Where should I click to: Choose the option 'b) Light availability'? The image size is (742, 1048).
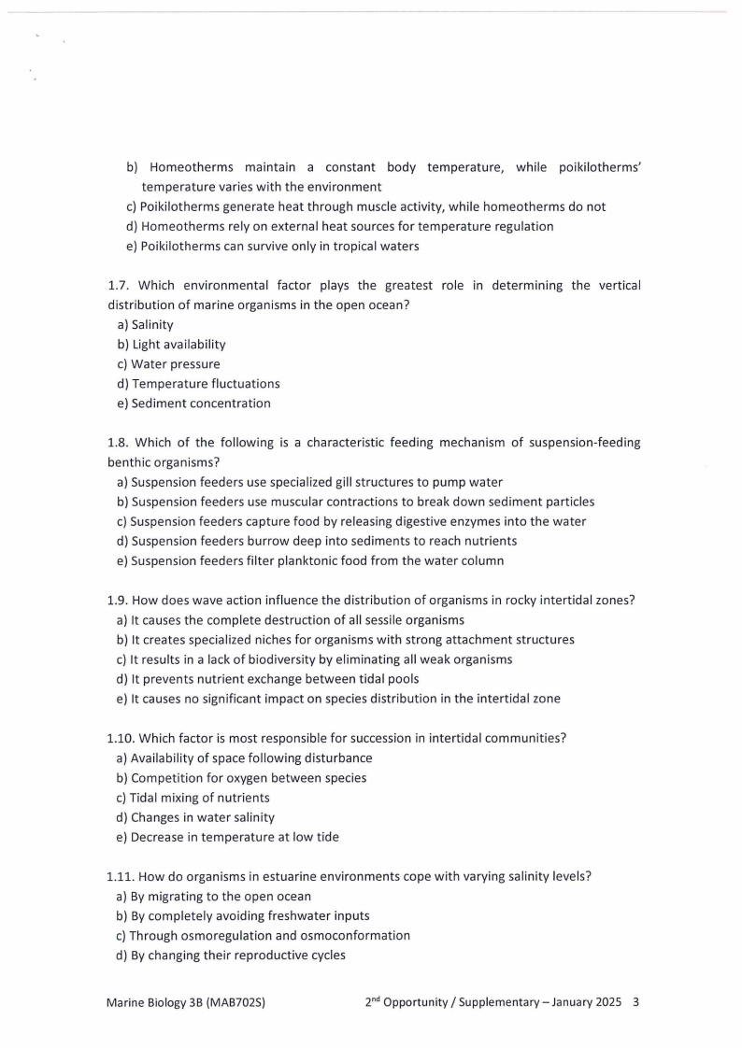click(171, 345)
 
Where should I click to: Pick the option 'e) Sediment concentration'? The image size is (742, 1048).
click(193, 404)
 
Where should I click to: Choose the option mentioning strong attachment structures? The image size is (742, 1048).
click(345, 640)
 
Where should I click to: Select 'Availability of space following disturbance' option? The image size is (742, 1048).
click(244, 758)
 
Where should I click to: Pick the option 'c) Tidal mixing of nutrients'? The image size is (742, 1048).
click(193, 797)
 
